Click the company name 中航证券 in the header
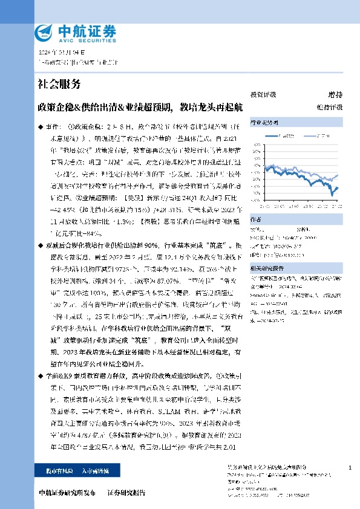76,30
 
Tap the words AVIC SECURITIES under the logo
76,39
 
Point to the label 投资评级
263,95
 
